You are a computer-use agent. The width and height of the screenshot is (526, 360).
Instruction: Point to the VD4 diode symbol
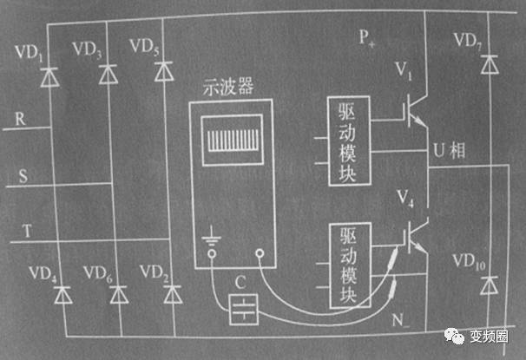click(x=62, y=294)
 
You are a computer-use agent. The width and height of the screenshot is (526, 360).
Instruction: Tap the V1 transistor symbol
click(x=413, y=108)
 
